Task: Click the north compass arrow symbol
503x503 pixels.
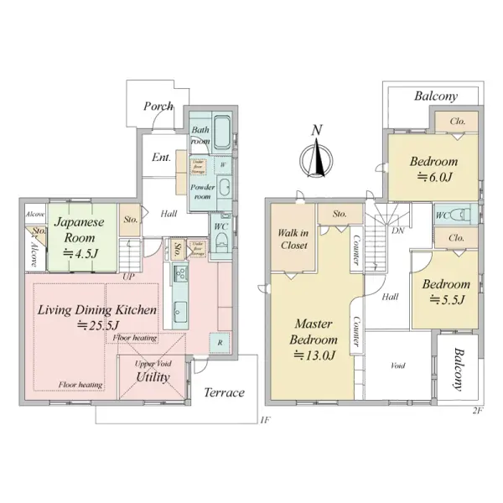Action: [x=316, y=157]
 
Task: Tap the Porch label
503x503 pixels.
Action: [x=158, y=106]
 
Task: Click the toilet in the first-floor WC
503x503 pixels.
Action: [x=221, y=240]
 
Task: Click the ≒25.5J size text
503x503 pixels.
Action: [x=99, y=325]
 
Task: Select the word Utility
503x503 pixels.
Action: [x=153, y=377]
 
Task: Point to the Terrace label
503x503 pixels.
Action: [x=224, y=392]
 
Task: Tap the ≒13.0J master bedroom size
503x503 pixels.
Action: [x=314, y=355]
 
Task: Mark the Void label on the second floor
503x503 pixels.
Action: [x=399, y=366]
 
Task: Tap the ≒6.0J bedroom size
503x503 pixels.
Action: [x=434, y=177]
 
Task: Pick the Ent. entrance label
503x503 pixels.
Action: [x=162, y=158]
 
